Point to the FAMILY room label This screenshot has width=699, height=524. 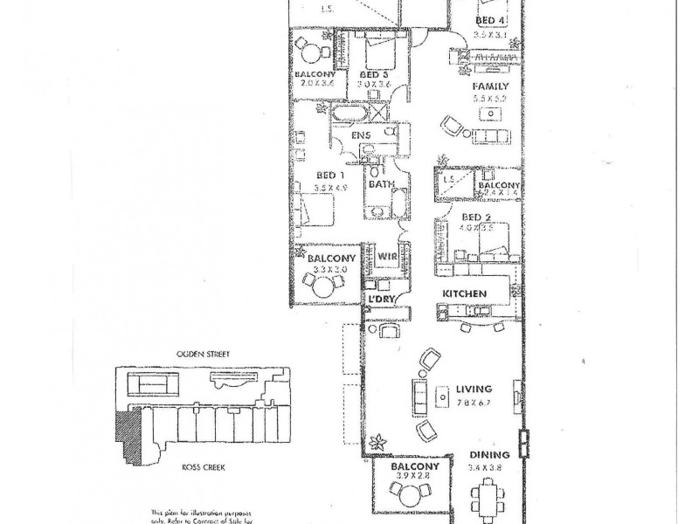[x=490, y=87]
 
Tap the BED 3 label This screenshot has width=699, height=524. [x=373, y=75]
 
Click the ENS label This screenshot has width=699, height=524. [x=362, y=136]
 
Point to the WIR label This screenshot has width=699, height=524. [x=389, y=256]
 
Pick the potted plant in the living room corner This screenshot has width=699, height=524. [x=379, y=442]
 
